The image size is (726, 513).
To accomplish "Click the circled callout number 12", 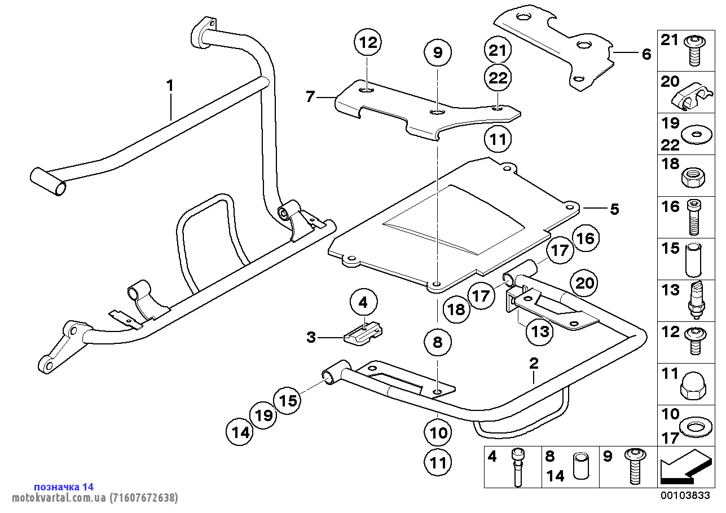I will (367, 42).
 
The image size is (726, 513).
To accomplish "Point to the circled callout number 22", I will (498, 78).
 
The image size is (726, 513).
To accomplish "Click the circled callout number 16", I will (586, 238).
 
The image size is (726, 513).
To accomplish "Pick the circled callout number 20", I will (585, 282).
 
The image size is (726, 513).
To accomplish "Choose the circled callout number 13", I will (540, 331).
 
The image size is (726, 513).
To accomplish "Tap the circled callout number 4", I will (363, 303).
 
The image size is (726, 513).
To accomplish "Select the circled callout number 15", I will (288, 400).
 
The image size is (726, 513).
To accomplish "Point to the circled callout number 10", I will (438, 432).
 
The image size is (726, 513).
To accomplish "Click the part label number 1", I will (169, 86).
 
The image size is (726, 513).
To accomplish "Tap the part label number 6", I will (646, 54).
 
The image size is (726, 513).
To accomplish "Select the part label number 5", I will (614, 209).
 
